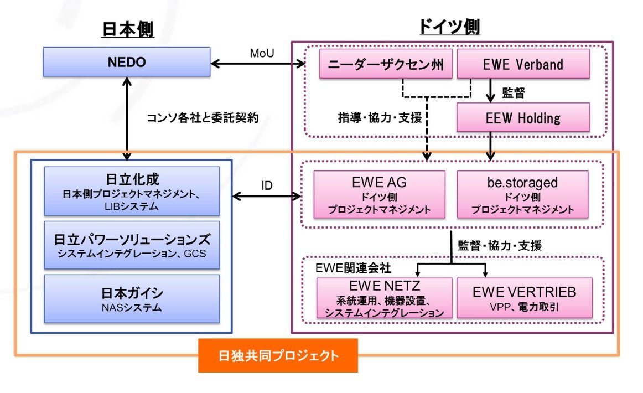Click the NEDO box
[127, 62]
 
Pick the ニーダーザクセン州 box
[386, 64]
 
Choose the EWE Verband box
[522, 64]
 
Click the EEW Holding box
[522, 117]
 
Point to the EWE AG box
[379, 194]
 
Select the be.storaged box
[522, 194]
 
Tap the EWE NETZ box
[384, 298]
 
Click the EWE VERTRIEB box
[524, 297]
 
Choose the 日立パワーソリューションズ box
[132, 245]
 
